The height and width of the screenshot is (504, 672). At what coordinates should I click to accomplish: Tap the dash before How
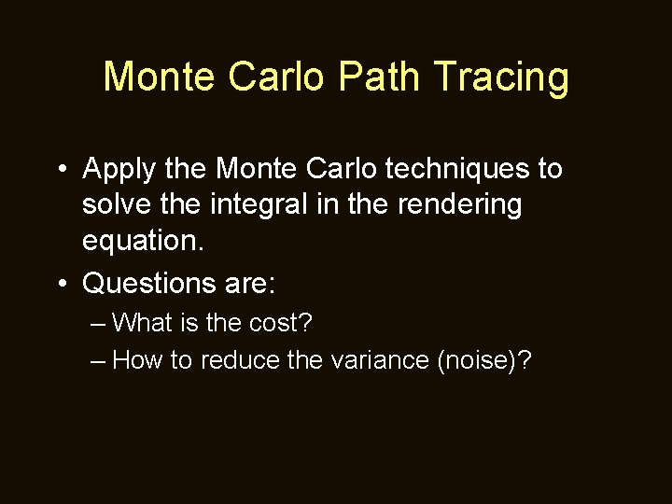(100, 359)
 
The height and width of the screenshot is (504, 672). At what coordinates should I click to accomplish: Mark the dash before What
(100, 323)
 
